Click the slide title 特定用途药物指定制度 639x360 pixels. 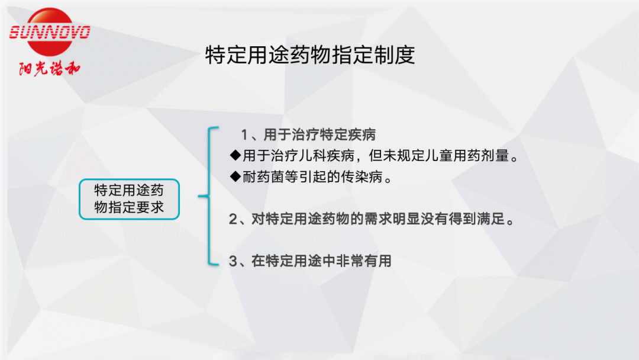tap(310, 55)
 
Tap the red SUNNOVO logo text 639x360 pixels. tap(50, 32)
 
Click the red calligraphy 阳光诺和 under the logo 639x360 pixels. tap(50, 69)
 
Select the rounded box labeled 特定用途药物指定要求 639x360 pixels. tap(129, 199)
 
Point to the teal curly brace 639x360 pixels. tap(209, 196)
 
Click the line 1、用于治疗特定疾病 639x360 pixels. tap(308, 134)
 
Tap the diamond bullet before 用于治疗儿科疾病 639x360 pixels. tap(235, 155)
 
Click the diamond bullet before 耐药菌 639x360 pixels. tap(235, 176)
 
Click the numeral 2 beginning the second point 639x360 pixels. tap(233, 219)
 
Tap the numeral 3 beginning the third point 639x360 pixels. tap(233, 261)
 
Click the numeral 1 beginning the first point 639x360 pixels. tap(244, 134)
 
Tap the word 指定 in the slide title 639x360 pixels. tap(352, 55)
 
